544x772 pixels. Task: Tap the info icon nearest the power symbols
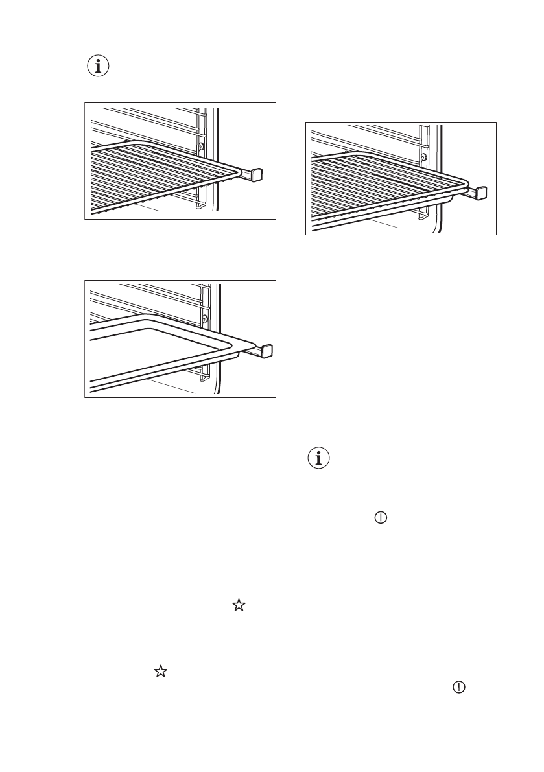click(318, 459)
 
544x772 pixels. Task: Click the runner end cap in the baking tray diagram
click(266, 351)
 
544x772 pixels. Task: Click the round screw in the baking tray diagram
click(205, 319)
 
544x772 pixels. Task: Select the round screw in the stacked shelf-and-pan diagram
click(423, 158)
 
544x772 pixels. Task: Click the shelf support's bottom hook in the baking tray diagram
click(203, 378)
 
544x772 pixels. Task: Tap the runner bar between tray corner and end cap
click(249, 351)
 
